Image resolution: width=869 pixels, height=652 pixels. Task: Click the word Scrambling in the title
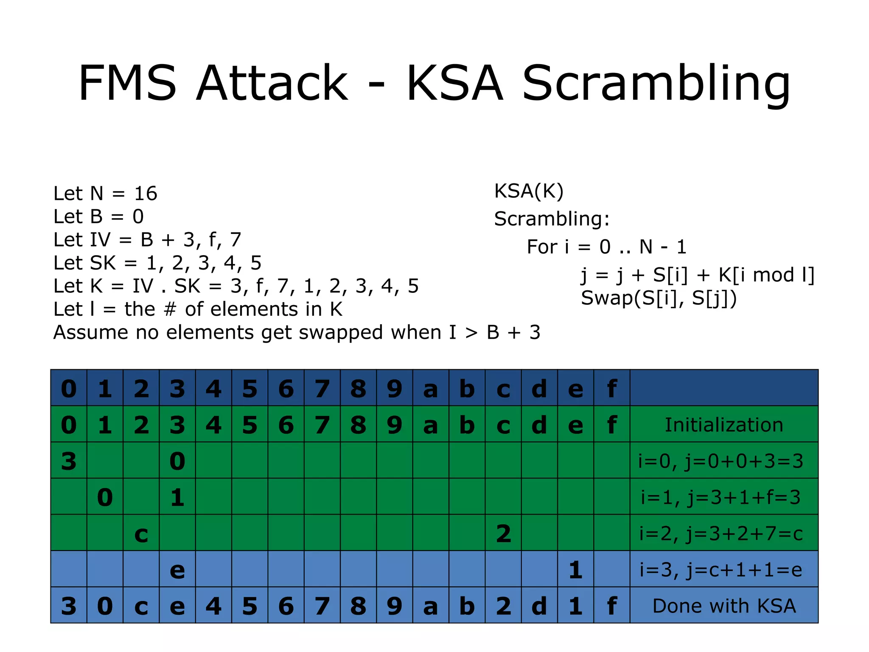tap(656, 83)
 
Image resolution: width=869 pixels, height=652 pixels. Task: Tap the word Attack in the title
tap(272, 83)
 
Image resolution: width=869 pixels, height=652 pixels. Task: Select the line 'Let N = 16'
tap(105, 194)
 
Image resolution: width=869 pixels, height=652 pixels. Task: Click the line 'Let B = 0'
tap(98, 217)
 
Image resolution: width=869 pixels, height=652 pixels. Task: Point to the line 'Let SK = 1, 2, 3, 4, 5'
tap(157, 263)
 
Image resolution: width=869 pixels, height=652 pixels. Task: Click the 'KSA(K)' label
tap(529, 191)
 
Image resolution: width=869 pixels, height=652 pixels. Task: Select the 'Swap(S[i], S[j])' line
tap(659, 298)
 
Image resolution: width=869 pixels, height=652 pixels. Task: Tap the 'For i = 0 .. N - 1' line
tap(606, 247)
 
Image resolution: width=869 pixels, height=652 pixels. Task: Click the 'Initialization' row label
tap(724, 425)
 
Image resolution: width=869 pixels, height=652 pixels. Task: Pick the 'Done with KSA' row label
tap(724, 606)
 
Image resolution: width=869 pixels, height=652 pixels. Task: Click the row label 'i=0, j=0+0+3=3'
tap(721, 461)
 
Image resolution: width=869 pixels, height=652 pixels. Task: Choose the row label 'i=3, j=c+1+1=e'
tap(721, 570)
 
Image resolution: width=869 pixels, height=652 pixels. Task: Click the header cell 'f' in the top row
tap(611, 388)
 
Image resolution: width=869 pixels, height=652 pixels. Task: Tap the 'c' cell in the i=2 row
tap(141, 534)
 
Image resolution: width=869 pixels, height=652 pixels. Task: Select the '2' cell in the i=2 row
tap(503, 534)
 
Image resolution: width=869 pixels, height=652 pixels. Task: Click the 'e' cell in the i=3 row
tap(177, 570)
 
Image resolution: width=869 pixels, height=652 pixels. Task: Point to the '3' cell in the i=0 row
tap(69, 461)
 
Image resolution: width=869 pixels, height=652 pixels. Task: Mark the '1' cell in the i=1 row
tap(177, 497)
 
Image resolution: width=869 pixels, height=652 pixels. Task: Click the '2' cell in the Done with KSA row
tap(503, 606)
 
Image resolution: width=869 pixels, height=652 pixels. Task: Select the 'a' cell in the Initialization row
tap(431, 425)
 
